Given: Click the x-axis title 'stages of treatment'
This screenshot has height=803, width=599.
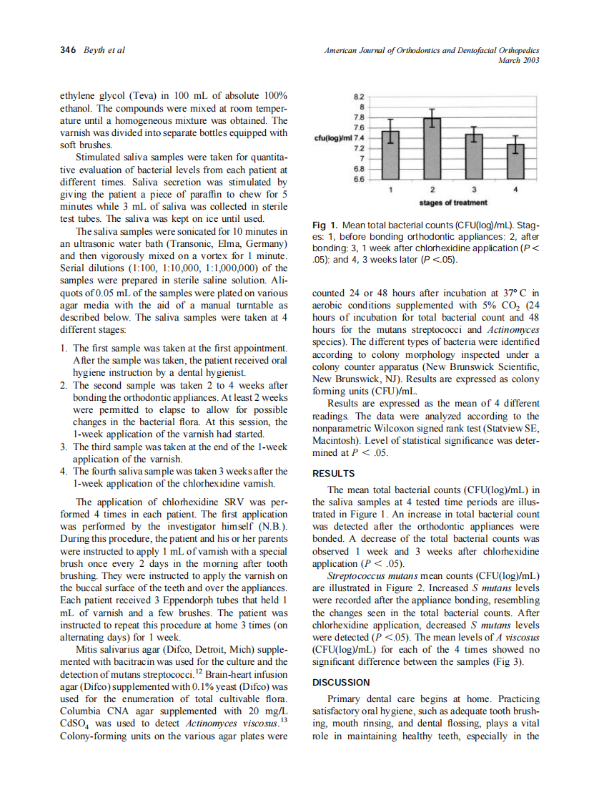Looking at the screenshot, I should [x=452, y=202].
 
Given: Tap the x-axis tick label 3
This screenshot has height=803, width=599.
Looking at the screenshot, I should [x=475, y=190].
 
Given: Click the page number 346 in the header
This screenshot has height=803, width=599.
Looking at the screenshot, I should [x=68, y=51].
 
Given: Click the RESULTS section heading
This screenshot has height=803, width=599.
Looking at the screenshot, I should [x=334, y=473].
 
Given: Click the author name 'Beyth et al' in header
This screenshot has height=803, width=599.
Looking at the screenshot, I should [x=104, y=51].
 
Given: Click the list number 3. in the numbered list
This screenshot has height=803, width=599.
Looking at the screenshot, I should [x=64, y=447].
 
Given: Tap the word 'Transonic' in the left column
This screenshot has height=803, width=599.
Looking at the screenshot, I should [x=175, y=243].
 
